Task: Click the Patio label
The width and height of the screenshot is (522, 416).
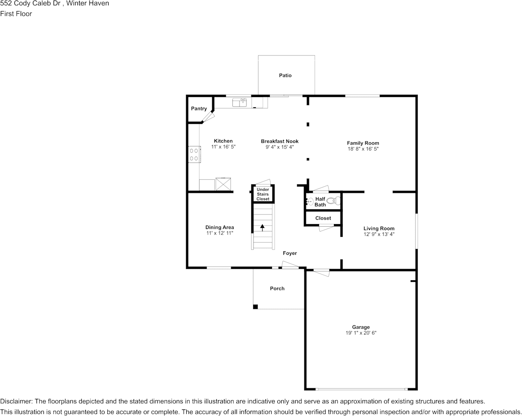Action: [285, 76]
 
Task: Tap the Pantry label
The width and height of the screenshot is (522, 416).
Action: [199, 109]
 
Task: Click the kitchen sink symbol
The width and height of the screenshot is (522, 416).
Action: [239, 102]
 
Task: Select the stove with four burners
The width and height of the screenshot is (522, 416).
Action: [194, 155]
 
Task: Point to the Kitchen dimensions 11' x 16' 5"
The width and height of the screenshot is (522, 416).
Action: [223, 147]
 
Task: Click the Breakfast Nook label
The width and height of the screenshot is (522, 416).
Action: [279, 141]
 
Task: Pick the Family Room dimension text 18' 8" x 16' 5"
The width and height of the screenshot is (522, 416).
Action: [363, 149]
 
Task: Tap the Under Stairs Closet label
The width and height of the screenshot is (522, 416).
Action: [263, 194]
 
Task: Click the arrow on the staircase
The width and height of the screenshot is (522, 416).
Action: [262, 228]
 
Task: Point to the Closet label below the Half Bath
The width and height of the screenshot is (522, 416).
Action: [323, 218]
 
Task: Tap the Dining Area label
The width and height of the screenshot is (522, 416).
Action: [219, 228]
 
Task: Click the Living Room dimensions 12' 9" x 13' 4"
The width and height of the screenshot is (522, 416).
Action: [379, 234]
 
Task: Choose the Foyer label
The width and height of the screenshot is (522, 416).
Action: [290, 253]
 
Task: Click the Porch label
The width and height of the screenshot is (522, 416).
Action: [277, 289]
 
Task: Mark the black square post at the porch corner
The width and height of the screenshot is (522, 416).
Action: [255, 307]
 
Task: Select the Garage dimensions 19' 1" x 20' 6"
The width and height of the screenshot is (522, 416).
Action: [361, 333]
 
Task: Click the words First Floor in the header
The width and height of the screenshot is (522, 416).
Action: [16, 14]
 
